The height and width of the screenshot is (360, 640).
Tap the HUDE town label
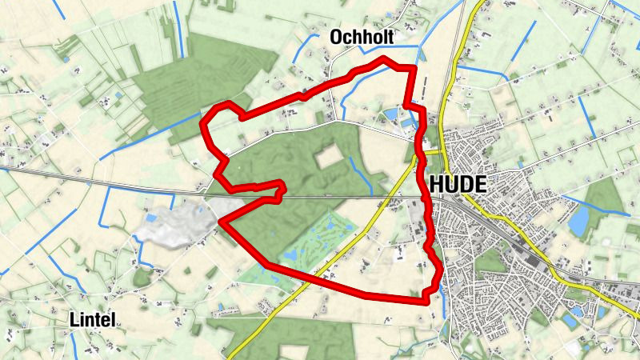[x=458, y=184]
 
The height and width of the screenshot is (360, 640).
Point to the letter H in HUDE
[x=437, y=184]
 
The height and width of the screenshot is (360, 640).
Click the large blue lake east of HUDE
[x=578, y=220]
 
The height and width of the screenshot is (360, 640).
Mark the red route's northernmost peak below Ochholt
[x=385, y=58]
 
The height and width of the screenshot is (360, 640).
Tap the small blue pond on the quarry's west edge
[x=150, y=217]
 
